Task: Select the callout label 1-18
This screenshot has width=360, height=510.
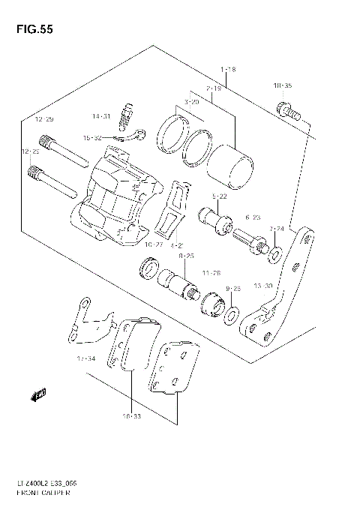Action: point(228,70)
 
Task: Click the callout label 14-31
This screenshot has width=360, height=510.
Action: point(101,116)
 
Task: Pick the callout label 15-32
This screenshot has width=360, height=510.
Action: point(92,138)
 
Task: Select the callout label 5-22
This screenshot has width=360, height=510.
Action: point(220,196)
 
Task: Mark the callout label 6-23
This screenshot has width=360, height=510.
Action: point(253,217)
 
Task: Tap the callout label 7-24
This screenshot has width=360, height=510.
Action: point(277,228)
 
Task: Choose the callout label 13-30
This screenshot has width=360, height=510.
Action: point(263,285)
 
